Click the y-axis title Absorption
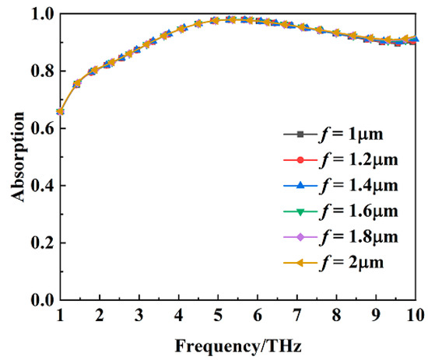click(x=16, y=156)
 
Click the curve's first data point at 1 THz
click(x=60, y=111)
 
